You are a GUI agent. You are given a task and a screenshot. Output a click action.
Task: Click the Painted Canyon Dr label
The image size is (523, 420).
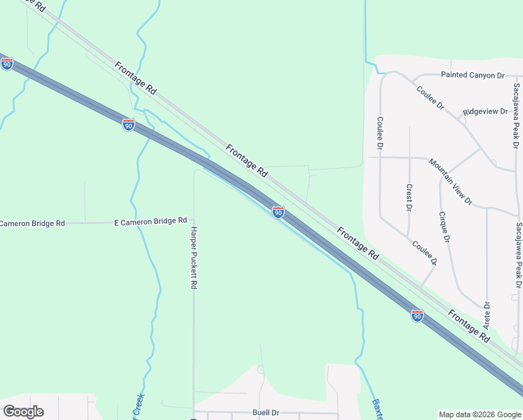click(x=472, y=75)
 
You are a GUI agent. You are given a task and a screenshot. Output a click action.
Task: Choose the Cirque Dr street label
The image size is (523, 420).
click(x=443, y=227)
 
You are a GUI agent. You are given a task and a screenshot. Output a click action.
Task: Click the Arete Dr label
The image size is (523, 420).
click(x=487, y=316)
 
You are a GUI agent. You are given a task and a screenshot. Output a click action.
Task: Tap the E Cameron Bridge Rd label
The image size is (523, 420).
click(x=150, y=221)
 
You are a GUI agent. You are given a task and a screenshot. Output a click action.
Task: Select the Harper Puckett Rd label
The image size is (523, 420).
click(x=194, y=258)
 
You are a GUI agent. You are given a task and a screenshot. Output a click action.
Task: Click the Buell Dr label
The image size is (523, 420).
click(x=266, y=413)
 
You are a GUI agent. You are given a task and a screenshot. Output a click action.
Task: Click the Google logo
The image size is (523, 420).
click(x=23, y=412)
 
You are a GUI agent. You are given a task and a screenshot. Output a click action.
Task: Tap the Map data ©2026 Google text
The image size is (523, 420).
click(x=479, y=414)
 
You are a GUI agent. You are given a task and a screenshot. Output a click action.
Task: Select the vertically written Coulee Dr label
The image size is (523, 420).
click(x=380, y=133)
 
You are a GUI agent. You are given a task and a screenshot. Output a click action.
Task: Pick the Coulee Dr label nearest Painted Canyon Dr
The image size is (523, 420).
click(x=430, y=97)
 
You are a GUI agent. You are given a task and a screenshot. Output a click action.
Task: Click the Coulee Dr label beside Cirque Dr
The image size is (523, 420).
click(x=424, y=253)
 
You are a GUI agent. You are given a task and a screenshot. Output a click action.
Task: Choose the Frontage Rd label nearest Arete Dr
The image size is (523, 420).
click(x=468, y=326)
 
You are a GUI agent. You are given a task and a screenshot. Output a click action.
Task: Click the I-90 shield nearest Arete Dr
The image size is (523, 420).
click(x=417, y=316)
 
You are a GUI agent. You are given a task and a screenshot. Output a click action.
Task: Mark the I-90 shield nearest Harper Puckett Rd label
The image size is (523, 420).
click(x=278, y=212)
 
